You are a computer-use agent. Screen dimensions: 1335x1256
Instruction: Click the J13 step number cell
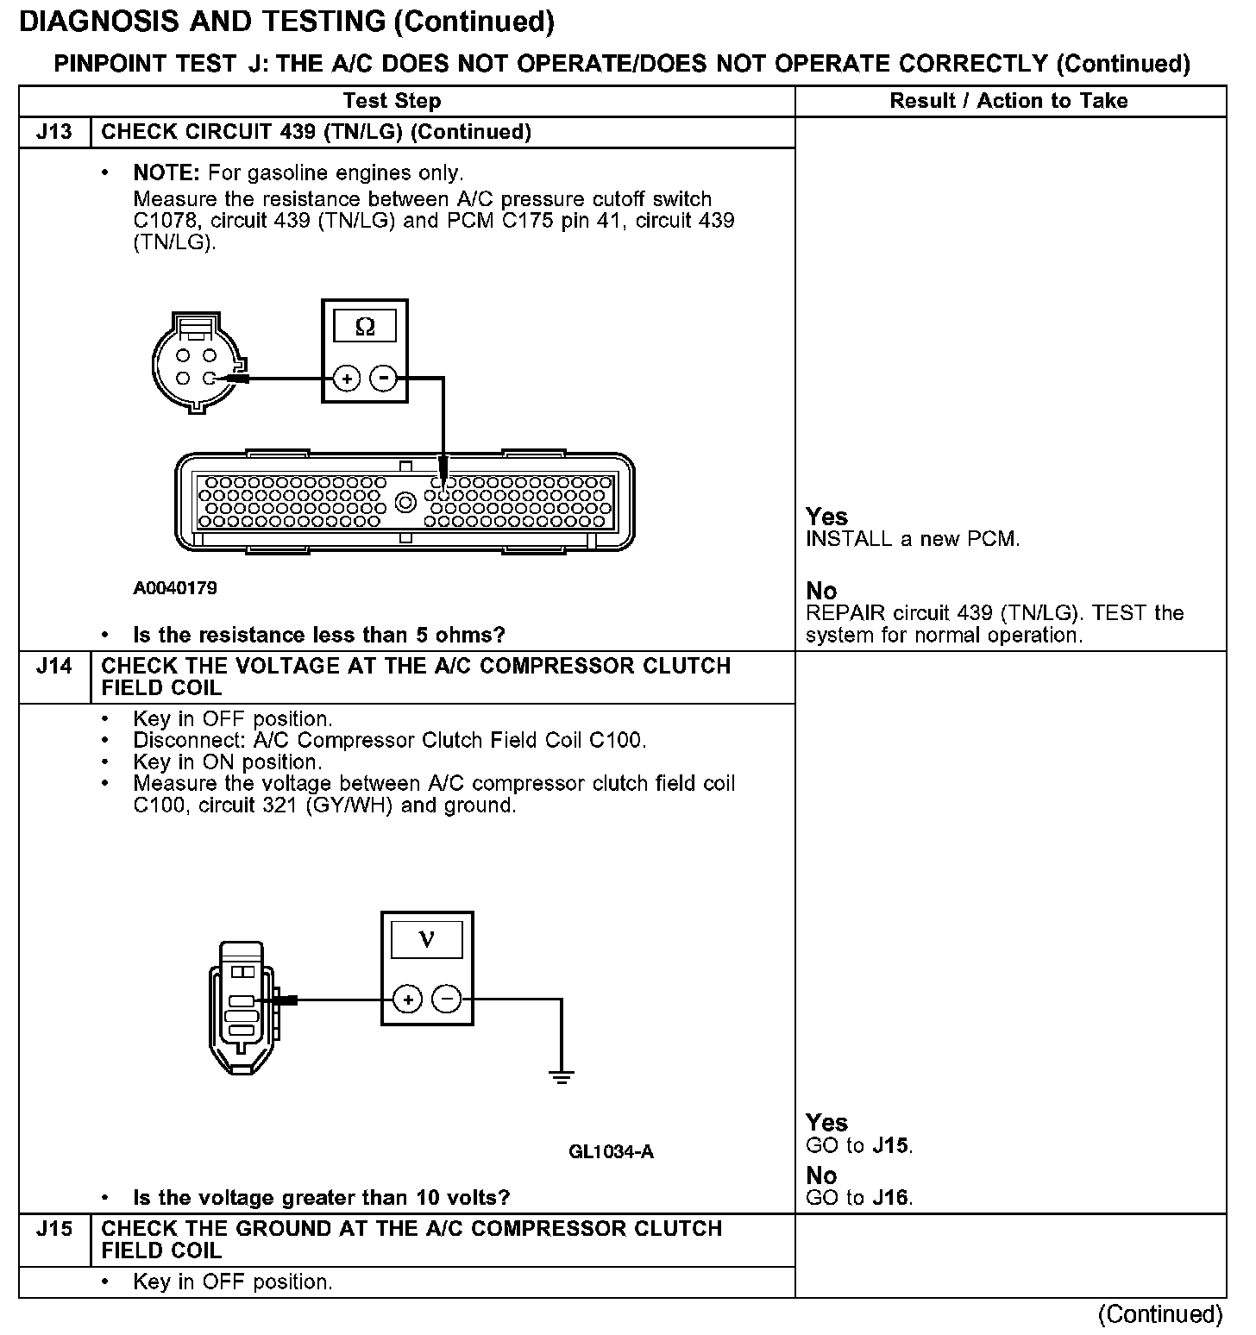click(53, 132)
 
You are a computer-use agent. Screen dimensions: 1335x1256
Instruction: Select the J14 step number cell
click(53, 666)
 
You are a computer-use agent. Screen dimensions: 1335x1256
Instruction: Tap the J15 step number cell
click(53, 1228)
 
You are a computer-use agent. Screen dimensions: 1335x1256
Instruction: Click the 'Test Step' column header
click(392, 101)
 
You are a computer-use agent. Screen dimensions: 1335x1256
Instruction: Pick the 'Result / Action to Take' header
click(1008, 101)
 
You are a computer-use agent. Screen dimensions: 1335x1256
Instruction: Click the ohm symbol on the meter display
click(365, 327)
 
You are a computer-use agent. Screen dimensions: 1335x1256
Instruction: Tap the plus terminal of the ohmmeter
click(347, 378)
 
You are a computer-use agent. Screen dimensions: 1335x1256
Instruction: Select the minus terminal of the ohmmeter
click(384, 378)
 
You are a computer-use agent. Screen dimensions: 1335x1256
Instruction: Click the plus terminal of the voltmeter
click(408, 1000)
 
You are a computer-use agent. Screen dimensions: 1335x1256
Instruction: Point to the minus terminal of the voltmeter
click(447, 1000)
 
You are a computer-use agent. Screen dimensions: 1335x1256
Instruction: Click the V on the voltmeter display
click(427, 939)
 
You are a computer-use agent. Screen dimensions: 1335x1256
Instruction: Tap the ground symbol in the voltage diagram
click(562, 1075)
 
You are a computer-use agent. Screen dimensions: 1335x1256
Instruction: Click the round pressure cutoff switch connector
click(195, 362)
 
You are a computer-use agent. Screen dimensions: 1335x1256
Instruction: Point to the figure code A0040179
click(175, 588)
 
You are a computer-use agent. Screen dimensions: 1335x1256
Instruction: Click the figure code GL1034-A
click(611, 1151)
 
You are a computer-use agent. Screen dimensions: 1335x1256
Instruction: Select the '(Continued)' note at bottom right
click(1160, 1313)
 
